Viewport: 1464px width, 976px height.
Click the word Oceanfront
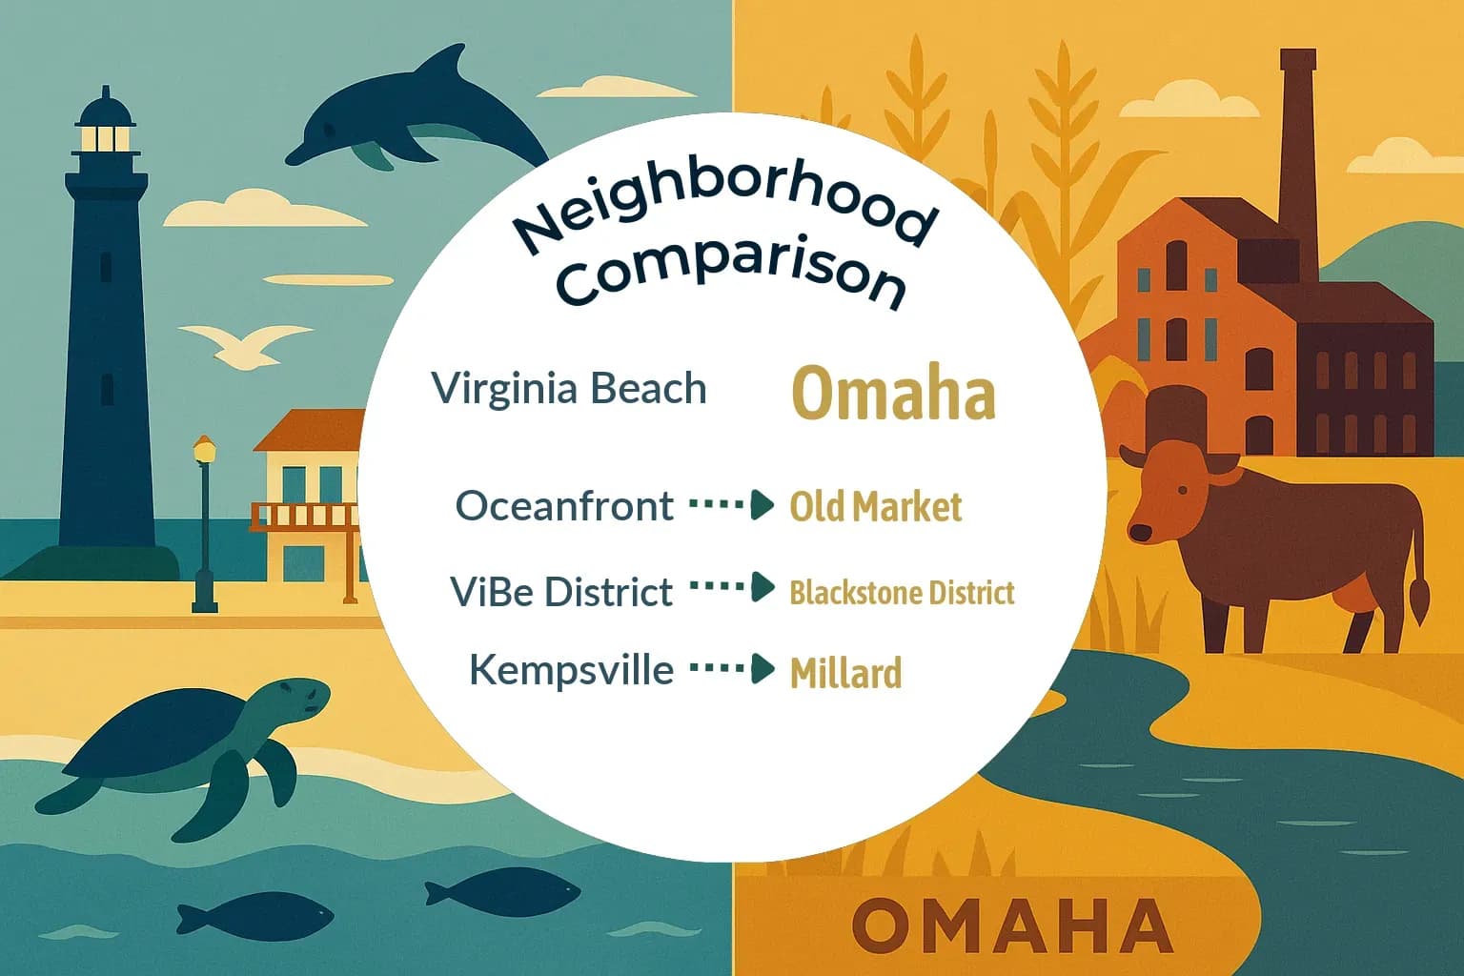click(x=564, y=506)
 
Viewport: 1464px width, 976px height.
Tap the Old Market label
click(x=875, y=507)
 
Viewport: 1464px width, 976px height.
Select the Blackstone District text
click(x=902, y=593)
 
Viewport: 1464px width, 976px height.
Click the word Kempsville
click(x=571, y=670)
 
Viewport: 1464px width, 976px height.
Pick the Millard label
click(x=845, y=673)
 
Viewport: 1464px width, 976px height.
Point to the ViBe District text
click(x=561, y=592)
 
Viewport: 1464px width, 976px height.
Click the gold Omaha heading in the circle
click(x=893, y=394)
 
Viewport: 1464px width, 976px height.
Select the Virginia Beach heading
click(x=569, y=389)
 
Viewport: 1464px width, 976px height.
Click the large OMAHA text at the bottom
click(x=1011, y=925)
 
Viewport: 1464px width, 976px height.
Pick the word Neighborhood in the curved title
click(x=724, y=210)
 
